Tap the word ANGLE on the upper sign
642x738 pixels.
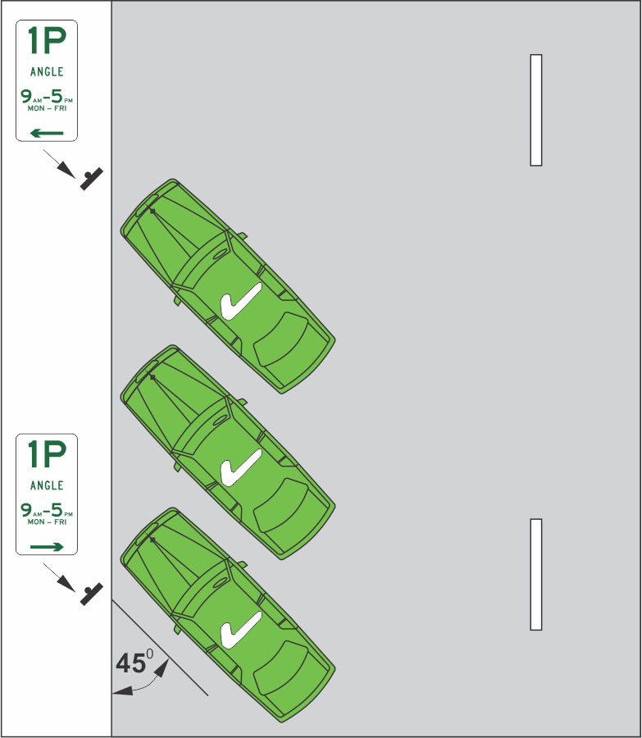click(x=47, y=72)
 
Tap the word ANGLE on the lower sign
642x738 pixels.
click(x=47, y=485)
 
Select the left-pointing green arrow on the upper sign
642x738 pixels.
click(x=47, y=132)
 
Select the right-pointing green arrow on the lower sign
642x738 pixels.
click(x=47, y=545)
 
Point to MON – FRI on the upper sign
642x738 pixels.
click(x=47, y=108)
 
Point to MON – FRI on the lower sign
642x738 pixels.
click(x=47, y=522)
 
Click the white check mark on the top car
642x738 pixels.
click(x=240, y=301)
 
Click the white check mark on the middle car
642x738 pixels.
click(x=240, y=467)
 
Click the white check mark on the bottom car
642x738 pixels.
click(x=240, y=629)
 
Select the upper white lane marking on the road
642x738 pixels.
click(x=536, y=110)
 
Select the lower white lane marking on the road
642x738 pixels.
click(x=536, y=574)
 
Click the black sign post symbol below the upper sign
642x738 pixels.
click(x=92, y=179)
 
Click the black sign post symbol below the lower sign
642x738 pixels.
click(x=92, y=592)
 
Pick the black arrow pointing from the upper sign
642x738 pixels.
click(x=59, y=161)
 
